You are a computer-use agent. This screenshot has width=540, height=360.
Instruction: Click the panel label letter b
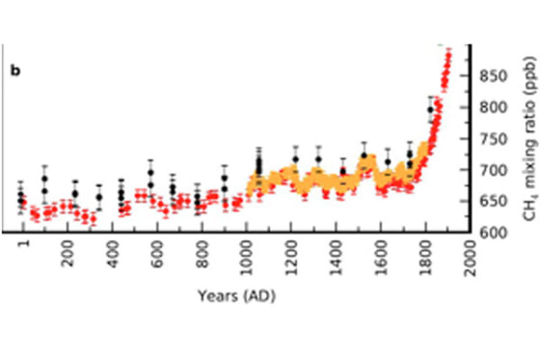14,69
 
